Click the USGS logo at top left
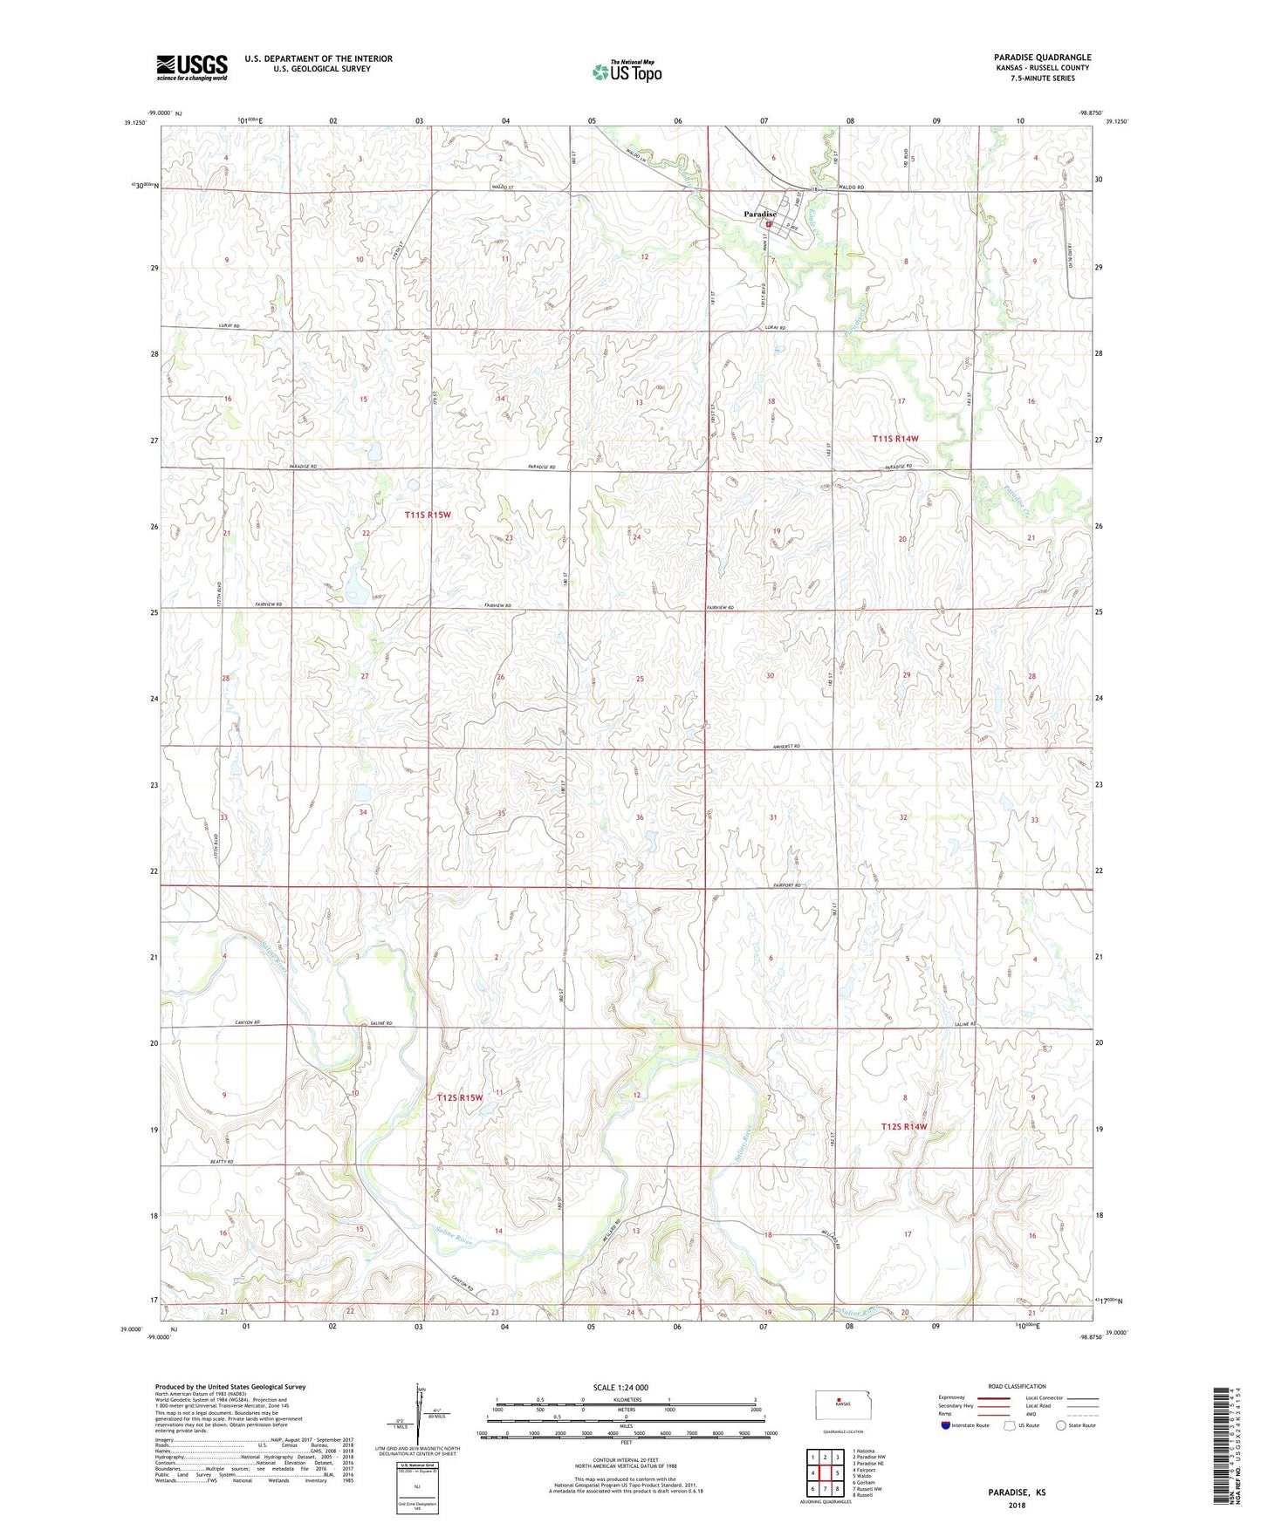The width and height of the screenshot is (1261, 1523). (192, 67)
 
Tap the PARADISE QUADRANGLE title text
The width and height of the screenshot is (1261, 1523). (1042, 58)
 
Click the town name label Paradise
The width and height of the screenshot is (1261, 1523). (759, 214)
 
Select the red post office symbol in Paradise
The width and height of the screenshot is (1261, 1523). (769, 224)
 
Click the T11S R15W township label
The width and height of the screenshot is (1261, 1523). (428, 516)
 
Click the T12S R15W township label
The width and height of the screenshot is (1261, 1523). (459, 1097)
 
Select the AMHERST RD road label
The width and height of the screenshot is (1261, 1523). (786, 747)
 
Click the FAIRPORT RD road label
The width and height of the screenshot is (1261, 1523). (786, 885)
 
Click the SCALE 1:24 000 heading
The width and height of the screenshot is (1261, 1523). (626, 1388)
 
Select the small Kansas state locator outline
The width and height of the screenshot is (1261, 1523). (837, 1402)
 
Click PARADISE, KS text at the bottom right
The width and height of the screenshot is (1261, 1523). (1017, 1492)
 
